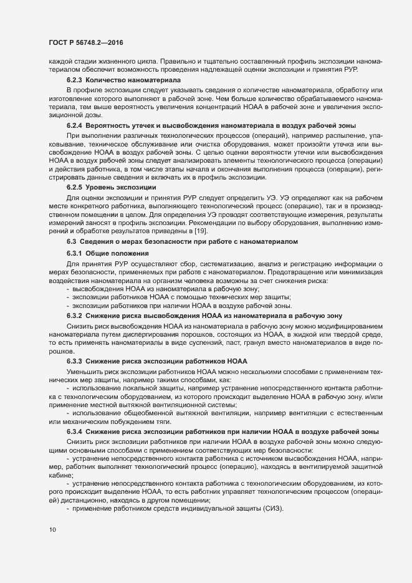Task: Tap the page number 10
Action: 52,530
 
